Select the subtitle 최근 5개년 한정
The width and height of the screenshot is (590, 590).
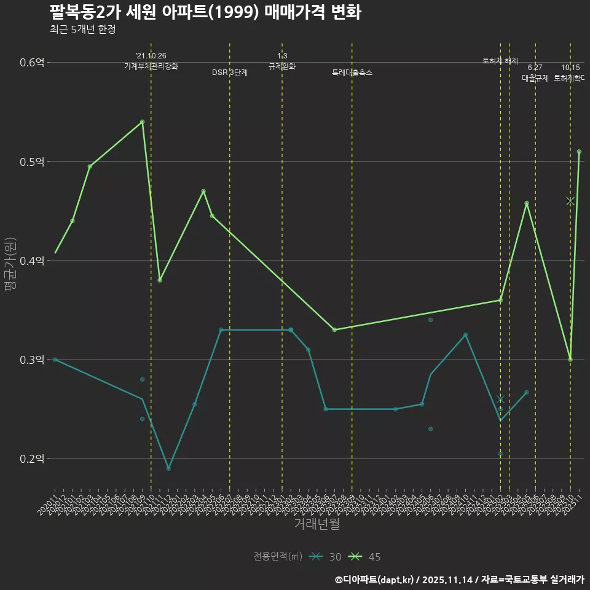(82, 29)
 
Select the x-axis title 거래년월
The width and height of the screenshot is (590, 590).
(317, 524)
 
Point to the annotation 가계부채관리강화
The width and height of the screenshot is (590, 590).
(151, 66)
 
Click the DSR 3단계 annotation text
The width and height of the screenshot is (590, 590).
(230, 73)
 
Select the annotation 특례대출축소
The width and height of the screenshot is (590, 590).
(352, 73)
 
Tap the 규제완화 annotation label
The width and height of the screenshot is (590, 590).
(282, 66)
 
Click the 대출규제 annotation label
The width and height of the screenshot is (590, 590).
(535, 78)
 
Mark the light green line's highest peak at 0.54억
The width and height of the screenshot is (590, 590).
(142, 122)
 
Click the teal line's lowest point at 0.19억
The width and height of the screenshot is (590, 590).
(168, 468)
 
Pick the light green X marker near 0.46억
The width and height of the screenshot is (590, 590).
(570, 201)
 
